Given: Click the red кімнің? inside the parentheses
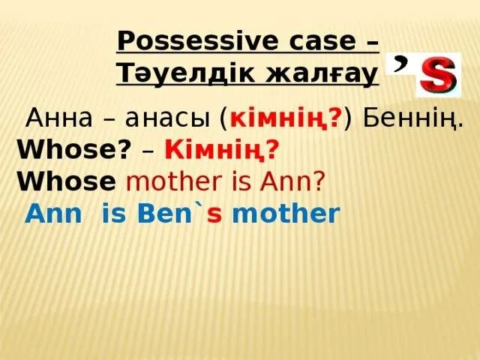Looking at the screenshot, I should point(285,118).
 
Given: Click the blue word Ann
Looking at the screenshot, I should point(51,214).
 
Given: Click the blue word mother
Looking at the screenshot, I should point(286,214).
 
